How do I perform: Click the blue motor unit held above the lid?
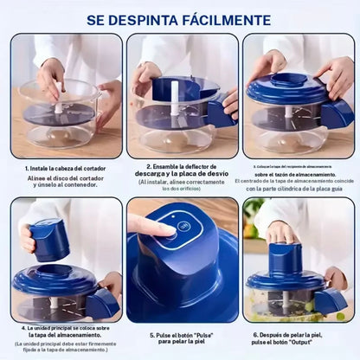pyautogui.click(x=50, y=240)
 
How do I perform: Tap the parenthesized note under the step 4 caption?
pyautogui.click(x=61, y=349)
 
